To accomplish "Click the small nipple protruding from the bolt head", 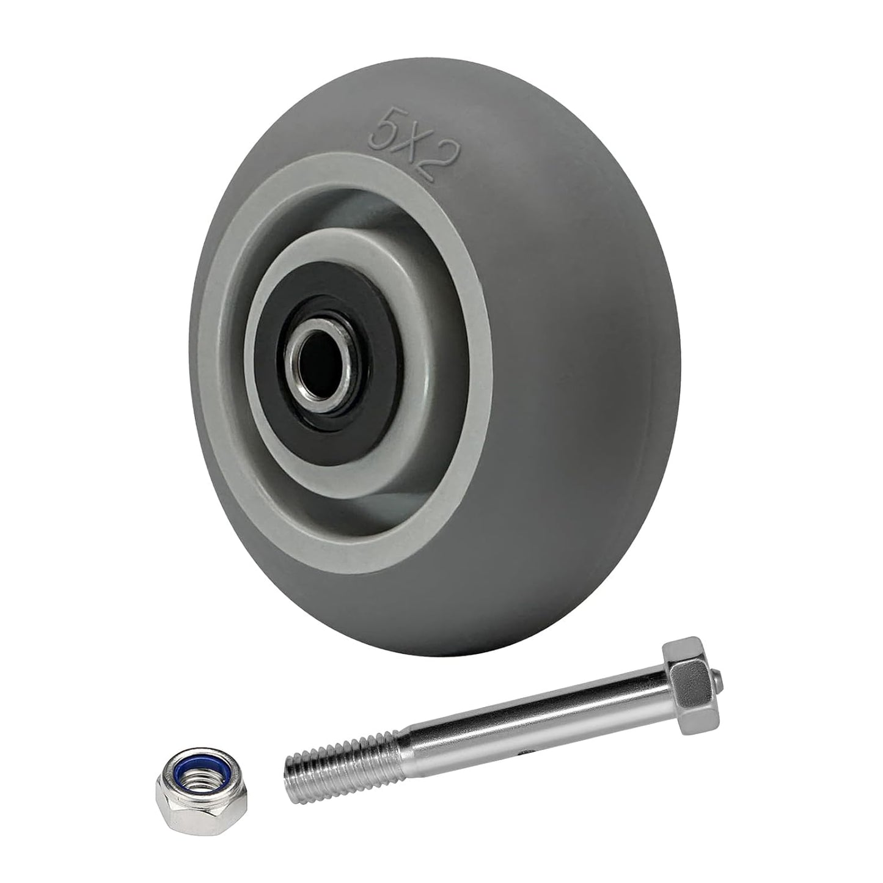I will coord(721,678).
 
